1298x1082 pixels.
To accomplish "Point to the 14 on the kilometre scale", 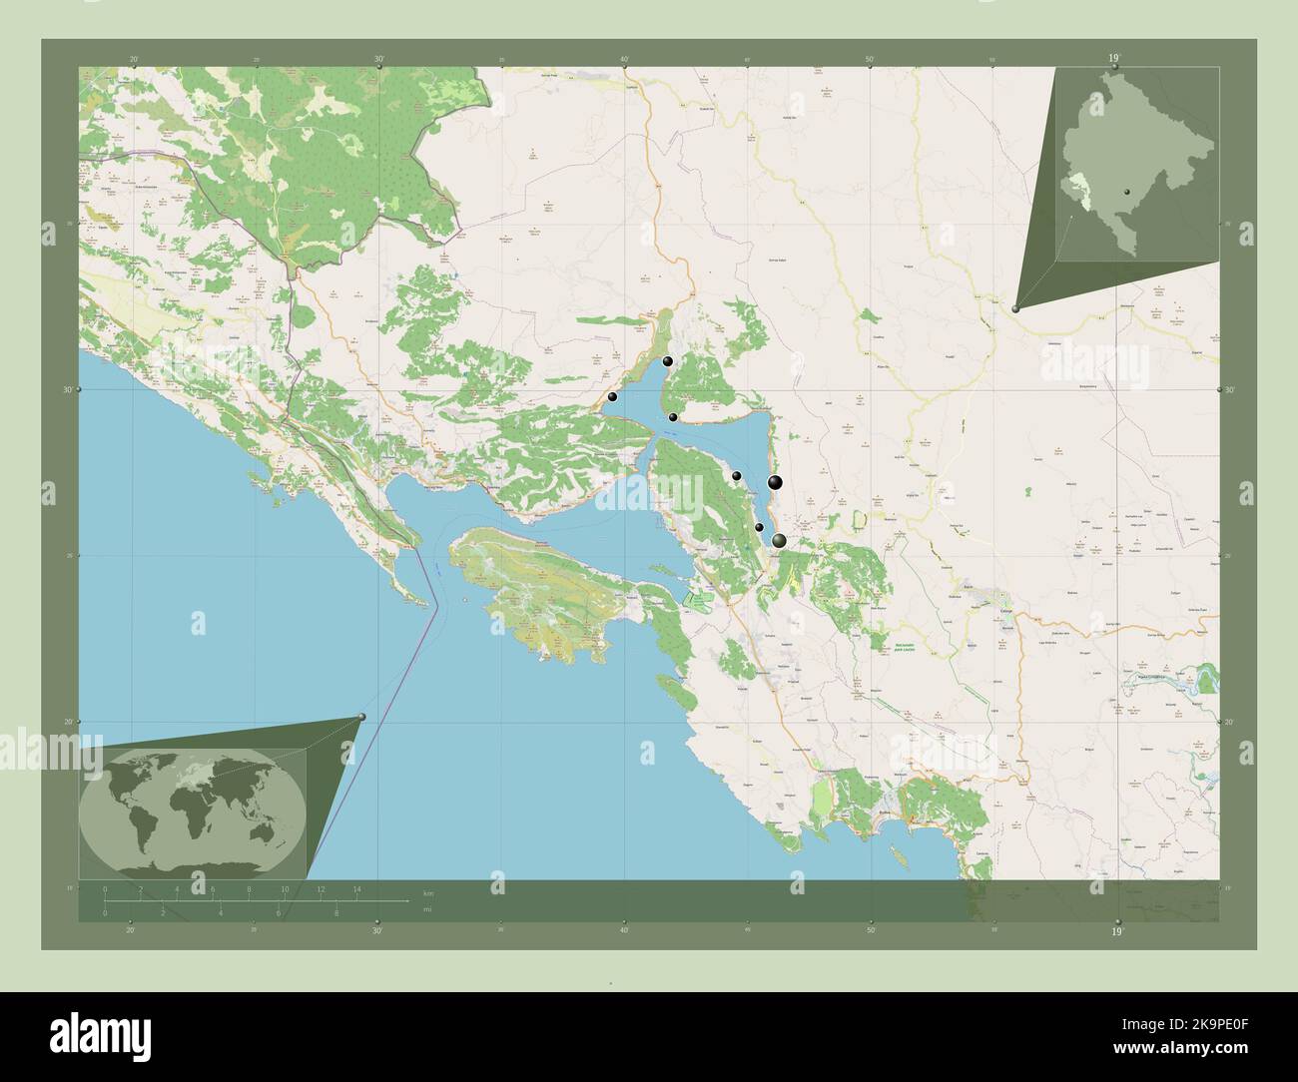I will click(356, 888).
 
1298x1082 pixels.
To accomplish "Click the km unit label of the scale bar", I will click(428, 892).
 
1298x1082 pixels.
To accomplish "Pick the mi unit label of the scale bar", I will click(426, 910).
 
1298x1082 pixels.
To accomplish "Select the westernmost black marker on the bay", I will click(612, 396).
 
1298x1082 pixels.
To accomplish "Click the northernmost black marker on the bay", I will click(667, 361).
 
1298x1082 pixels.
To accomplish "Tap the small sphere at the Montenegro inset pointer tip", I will click(1016, 309).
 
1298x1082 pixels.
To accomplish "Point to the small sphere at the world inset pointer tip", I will click(361, 716).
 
